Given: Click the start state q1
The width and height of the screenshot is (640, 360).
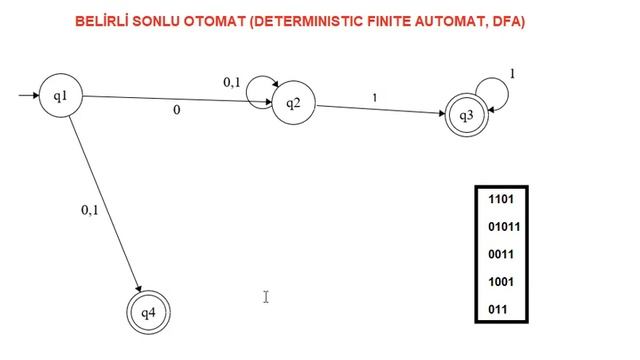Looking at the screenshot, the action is (x=60, y=96).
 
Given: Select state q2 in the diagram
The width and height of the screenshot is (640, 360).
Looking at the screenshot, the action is (x=293, y=103).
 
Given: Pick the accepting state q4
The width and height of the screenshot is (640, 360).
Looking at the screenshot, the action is (x=148, y=313).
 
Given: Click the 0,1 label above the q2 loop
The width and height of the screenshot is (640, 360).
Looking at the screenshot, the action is (x=232, y=82).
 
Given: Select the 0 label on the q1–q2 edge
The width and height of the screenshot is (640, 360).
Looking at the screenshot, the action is (x=177, y=111).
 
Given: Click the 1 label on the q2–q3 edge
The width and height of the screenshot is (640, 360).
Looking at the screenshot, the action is (x=375, y=97).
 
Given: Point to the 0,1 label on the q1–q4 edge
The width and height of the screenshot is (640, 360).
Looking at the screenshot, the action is (x=90, y=210).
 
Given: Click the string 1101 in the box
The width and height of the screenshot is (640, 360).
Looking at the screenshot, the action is (x=501, y=199).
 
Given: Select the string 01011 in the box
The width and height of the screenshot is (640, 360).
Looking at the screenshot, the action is (x=504, y=227).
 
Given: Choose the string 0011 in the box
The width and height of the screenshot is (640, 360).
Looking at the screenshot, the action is (x=501, y=254).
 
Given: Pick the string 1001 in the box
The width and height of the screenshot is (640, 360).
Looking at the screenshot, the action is (x=501, y=282).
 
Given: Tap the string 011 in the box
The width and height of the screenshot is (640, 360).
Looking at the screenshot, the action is (x=498, y=310).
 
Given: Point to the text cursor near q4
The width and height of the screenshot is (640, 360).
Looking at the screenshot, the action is (x=266, y=296).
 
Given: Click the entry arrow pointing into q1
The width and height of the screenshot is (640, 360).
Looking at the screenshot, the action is (x=28, y=96).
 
